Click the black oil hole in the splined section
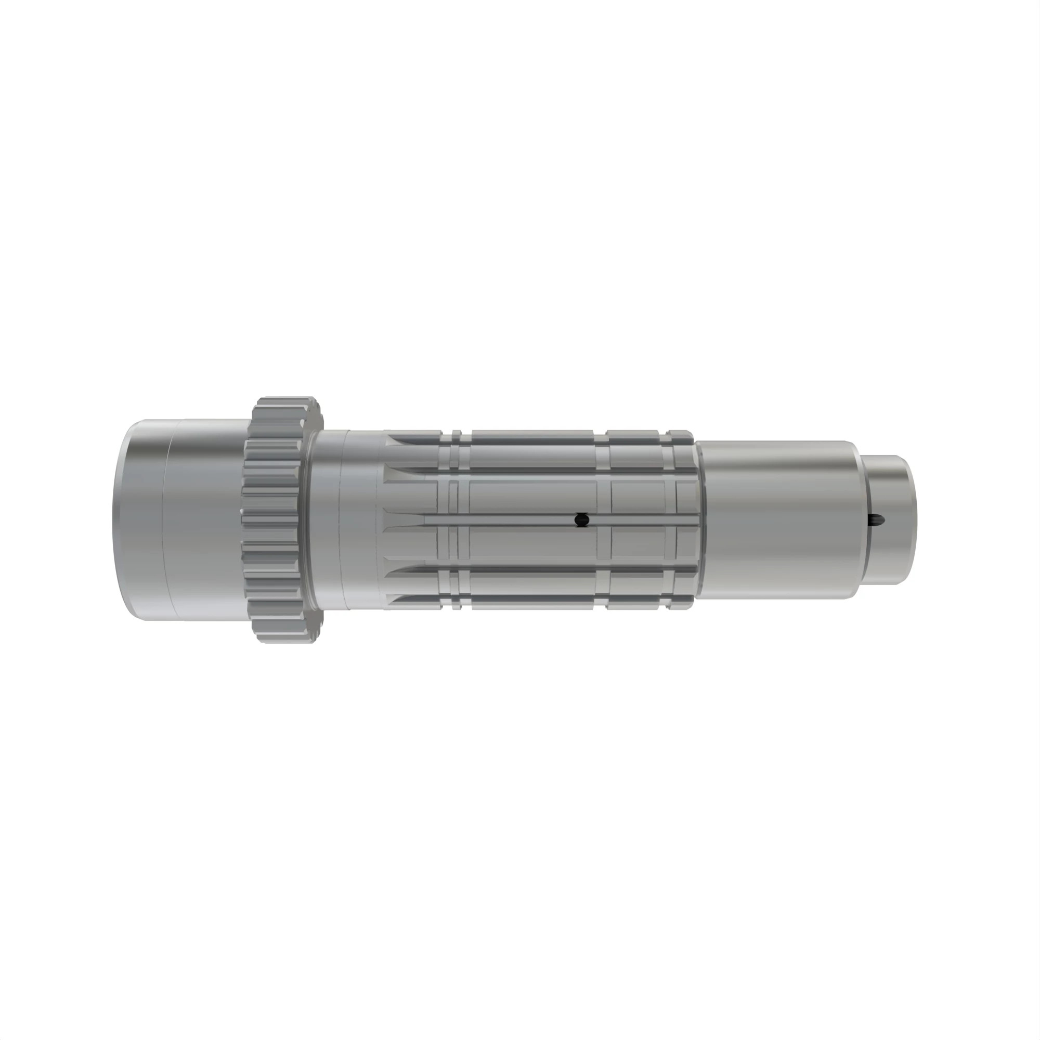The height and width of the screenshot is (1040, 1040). (581, 520)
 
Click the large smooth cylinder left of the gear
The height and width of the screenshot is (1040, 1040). (183, 519)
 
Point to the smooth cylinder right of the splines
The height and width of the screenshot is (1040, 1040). (775, 519)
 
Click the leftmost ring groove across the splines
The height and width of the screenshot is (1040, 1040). (456, 519)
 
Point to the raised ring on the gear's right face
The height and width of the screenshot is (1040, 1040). (310, 519)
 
